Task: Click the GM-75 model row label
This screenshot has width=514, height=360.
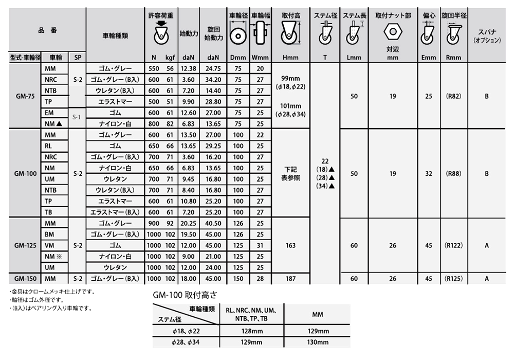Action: point(24,96)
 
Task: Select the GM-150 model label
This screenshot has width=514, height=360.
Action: point(24,278)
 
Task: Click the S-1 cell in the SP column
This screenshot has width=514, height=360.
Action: point(77,117)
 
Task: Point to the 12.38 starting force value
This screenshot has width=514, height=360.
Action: point(189,68)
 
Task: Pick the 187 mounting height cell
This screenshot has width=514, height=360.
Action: point(291,278)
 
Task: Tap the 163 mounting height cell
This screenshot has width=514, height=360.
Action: point(291,246)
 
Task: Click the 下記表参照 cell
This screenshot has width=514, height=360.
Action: point(291,174)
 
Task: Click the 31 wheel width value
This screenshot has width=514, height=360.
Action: point(260,246)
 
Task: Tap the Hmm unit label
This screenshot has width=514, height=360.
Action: point(291,57)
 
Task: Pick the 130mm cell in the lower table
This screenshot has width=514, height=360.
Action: point(317,342)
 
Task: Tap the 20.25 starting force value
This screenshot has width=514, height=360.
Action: point(189,224)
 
